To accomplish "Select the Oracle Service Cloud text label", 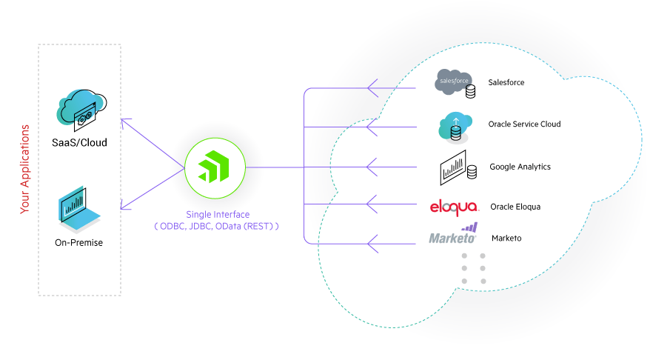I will click(524, 124).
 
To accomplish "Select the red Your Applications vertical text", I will click(25, 169).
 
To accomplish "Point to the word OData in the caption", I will click(227, 226).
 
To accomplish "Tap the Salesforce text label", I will click(506, 82).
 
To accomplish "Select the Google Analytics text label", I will click(520, 167).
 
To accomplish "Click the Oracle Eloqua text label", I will click(516, 207).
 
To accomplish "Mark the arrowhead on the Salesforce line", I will click(372, 88).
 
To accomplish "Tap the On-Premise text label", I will click(78, 242).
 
